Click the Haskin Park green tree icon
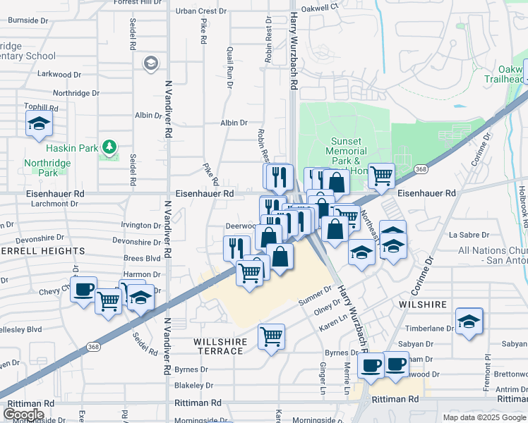coord(109,147)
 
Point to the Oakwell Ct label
coord(320,7)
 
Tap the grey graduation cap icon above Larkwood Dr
coord(150,64)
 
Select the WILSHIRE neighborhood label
coord(423,305)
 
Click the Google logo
coord(23,415)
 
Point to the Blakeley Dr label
coord(193,386)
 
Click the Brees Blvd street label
coord(142,259)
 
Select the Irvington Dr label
coord(141,226)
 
